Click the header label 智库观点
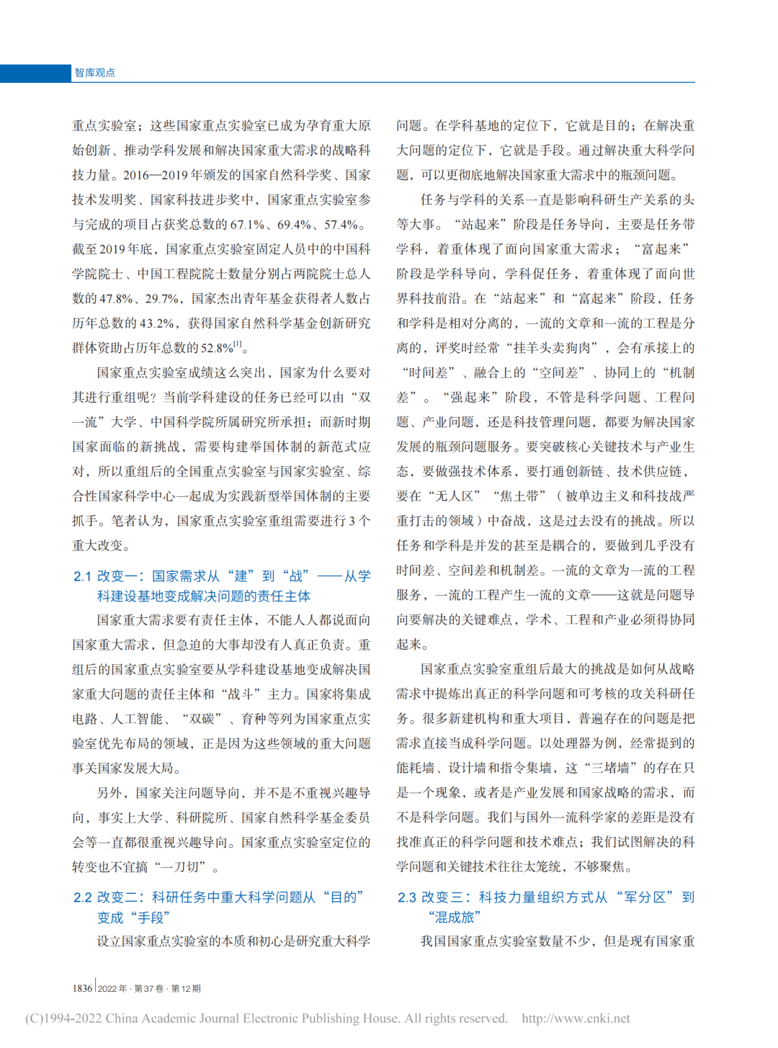(94, 73)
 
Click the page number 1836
(82, 988)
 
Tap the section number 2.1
(82, 576)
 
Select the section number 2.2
(82, 897)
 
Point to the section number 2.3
(407, 897)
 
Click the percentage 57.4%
(341, 225)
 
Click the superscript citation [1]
(238, 344)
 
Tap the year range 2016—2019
(156, 175)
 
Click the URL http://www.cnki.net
(576, 1018)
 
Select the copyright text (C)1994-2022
(63, 1018)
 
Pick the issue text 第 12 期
(186, 989)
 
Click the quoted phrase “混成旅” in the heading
(455, 918)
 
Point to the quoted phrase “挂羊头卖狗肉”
(555, 348)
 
